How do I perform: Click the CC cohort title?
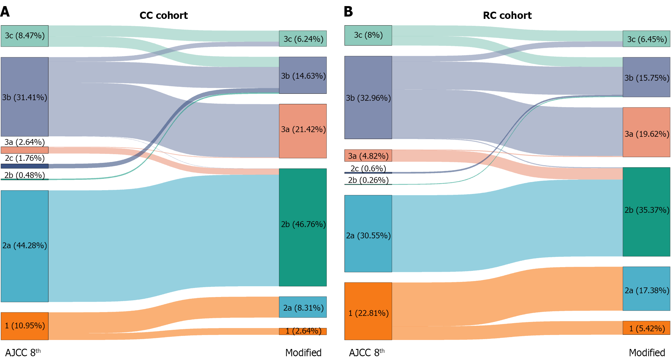tap(164, 15)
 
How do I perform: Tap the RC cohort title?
tap(507, 15)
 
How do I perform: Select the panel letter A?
tap(5, 12)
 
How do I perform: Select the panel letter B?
tap(348, 12)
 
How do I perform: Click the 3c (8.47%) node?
tap(25, 36)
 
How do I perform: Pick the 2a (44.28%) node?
tap(25, 246)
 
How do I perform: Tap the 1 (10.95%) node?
tap(25, 326)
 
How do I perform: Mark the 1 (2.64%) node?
tap(303, 331)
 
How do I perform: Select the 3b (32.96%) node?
tap(368, 98)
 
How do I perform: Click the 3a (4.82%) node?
tap(368, 156)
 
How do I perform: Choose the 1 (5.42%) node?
tap(646, 328)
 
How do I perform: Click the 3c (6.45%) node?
tap(646, 39)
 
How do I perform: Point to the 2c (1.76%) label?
tap(25, 158)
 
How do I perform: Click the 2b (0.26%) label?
tap(368, 180)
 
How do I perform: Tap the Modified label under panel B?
tap(647, 352)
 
